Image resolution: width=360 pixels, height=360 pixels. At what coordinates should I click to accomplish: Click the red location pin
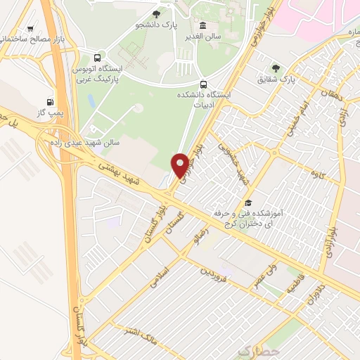[180, 165]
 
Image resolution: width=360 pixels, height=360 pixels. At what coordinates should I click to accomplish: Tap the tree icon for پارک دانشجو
[156, 13]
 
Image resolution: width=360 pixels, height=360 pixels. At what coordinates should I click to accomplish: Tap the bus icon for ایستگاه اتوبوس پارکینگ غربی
[97, 58]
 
